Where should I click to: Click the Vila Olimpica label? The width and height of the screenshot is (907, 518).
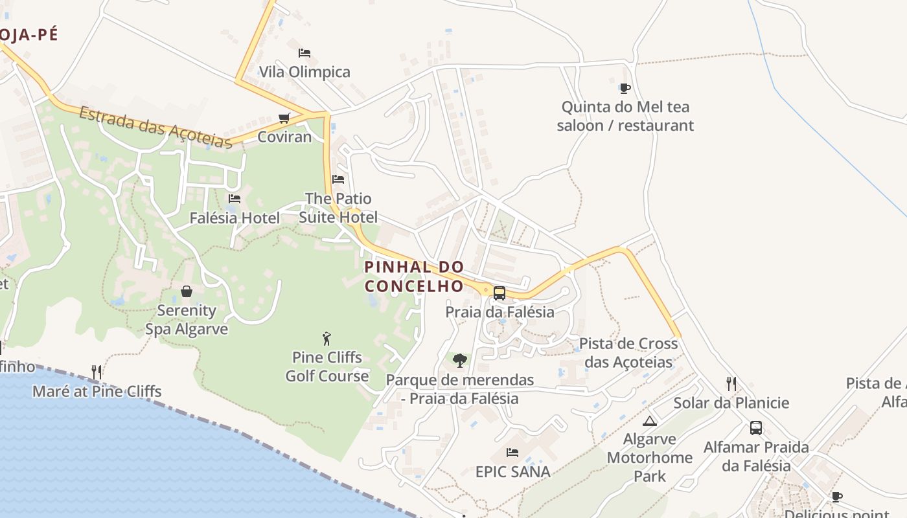point(304,72)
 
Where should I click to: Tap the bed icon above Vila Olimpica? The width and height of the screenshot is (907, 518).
point(304,52)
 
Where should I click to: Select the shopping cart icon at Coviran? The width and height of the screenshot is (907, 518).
point(284,118)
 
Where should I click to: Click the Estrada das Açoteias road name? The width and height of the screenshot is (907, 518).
point(155,128)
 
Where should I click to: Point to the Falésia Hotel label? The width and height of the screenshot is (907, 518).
point(235,218)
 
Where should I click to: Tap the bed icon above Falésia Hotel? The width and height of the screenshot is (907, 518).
point(235,199)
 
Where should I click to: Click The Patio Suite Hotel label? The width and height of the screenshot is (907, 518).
point(338,207)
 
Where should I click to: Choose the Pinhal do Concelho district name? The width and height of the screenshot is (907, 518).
point(414,276)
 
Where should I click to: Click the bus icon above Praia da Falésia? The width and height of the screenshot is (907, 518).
point(499,293)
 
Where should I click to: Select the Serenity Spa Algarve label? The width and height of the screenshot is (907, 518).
point(187,320)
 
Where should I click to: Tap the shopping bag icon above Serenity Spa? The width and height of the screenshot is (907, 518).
point(187,291)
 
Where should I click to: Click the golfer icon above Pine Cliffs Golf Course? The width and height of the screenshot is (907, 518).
point(327,338)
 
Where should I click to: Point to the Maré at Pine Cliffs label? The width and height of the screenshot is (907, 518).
point(97,391)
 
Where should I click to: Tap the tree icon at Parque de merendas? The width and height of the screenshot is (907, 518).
point(459,360)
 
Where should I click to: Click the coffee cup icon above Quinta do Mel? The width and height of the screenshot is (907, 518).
point(625,88)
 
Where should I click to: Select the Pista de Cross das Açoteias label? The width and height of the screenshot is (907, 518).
point(628,352)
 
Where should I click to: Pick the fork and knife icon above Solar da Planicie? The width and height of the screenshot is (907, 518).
point(731,383)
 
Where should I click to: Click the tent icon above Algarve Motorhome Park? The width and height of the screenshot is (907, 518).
point(650,421)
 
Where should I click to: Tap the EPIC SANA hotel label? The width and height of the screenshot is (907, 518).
point(513,471)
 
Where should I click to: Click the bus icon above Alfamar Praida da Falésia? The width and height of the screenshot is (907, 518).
point(756,428)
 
